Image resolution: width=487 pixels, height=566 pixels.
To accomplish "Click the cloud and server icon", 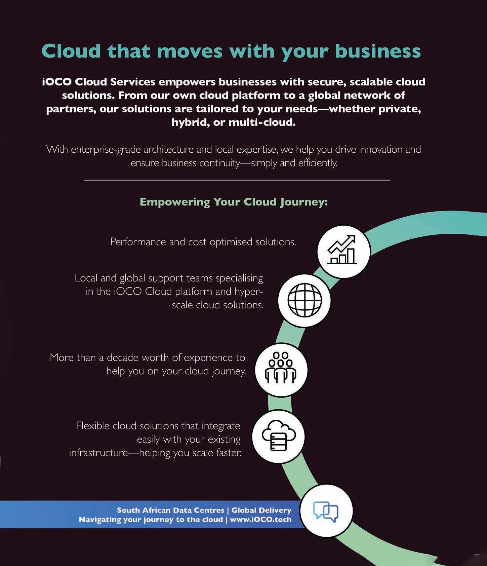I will tap(279, 437).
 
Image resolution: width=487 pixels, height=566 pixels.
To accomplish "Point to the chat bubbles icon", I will tap(326, 511).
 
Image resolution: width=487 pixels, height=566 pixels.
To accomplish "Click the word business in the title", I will tap(378, 51).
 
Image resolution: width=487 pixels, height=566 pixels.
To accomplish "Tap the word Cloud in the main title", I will tap(71, 51).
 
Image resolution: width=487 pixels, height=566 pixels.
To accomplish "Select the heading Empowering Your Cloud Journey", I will tap(234, 202).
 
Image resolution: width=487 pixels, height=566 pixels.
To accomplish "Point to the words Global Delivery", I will tap(261, 510).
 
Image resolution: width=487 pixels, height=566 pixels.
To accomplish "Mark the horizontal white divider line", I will tap(237, 180).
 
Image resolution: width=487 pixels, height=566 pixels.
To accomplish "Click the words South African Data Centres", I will tap(170, 510).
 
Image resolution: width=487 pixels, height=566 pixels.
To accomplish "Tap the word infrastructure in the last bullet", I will tap(98, 453).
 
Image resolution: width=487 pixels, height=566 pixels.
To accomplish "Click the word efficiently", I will tap(317, 163).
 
